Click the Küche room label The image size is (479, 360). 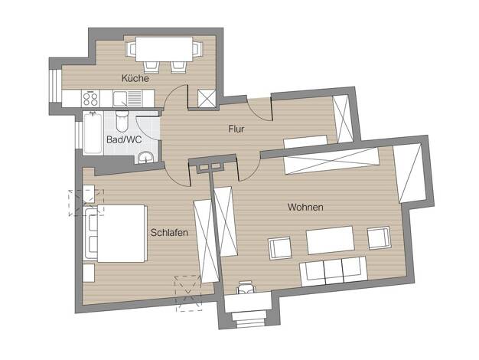pos(135,78)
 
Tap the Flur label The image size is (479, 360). pos(236,129)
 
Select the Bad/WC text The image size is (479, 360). pos(124,139)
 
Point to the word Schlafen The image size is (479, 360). pos(169,232)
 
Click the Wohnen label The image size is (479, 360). pos(305,207)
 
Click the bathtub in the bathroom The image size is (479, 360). pos(93,133)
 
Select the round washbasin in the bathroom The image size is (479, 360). pos(145,157)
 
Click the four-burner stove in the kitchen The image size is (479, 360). pos(90,99)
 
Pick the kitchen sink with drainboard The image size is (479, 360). pos(127,99)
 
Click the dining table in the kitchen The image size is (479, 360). pos(164,49)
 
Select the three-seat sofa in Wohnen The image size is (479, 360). pos(334,271)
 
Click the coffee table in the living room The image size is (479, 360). pos(330,241)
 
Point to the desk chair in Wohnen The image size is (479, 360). pos(246,287)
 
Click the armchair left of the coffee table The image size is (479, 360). pos(280,247)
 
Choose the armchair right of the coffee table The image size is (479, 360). pos(379,237)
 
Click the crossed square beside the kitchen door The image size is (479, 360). pos(207,99)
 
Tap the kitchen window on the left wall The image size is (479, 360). pos(54,86)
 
